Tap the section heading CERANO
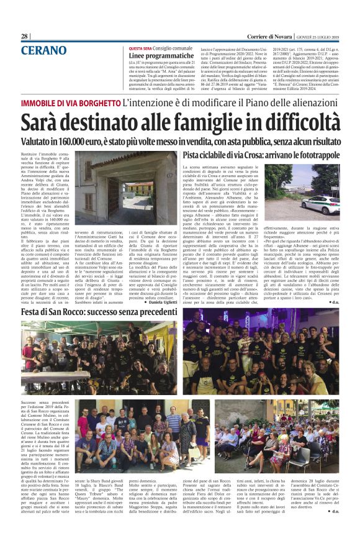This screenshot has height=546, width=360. pyautogui.click(x=43, y=50)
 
